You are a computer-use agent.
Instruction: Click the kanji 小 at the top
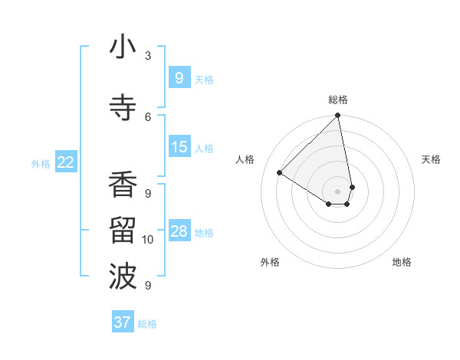click(x=123, y=48)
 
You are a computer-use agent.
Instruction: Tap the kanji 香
click(x=123, y=185)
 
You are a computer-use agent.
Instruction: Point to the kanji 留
click(x=123, y=230)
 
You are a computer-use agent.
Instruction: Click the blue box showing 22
click(x=66, y=162)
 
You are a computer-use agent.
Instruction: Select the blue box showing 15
click(x=179, y=147)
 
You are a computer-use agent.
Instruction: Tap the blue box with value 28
click(x=179, y=231)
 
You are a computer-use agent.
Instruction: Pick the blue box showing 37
click(x=123, y=322)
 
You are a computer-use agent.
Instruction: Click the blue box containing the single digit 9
click(x=179, y=77)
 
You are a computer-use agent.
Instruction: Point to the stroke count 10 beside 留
click(x=148, y=240)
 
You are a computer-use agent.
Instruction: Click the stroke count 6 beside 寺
click(x=148, y=116)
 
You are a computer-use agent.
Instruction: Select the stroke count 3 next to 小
click(x=148, y=55)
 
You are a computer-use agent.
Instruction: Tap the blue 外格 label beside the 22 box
click(x=41, y=163)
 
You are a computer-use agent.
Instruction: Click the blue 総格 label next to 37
click(x=147, y=324)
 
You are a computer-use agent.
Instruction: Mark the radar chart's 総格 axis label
click(x=338, y=100)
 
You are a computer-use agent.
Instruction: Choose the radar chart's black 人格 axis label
click(x=245, y=159)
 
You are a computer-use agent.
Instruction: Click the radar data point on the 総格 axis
click(x=338, y=116)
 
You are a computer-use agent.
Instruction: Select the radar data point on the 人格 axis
click(x=280, y=173)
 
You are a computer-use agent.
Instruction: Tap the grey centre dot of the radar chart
click(x=338, y=191)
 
